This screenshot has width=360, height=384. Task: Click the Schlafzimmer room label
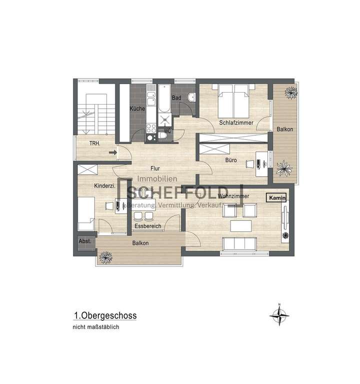tap(235, 123)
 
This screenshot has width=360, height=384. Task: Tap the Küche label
tap(137, 109)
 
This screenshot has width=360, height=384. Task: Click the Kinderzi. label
tap(104, 186)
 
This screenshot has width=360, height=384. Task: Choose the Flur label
tap(155, 169)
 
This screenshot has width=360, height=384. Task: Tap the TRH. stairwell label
tap(94, 144)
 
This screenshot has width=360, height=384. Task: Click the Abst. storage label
tap(84, 241)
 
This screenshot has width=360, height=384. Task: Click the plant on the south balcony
tap(105, 257)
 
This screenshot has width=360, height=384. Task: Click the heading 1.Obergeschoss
tap(105, 316)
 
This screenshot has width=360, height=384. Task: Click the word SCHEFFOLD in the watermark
tap(160, 193)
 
